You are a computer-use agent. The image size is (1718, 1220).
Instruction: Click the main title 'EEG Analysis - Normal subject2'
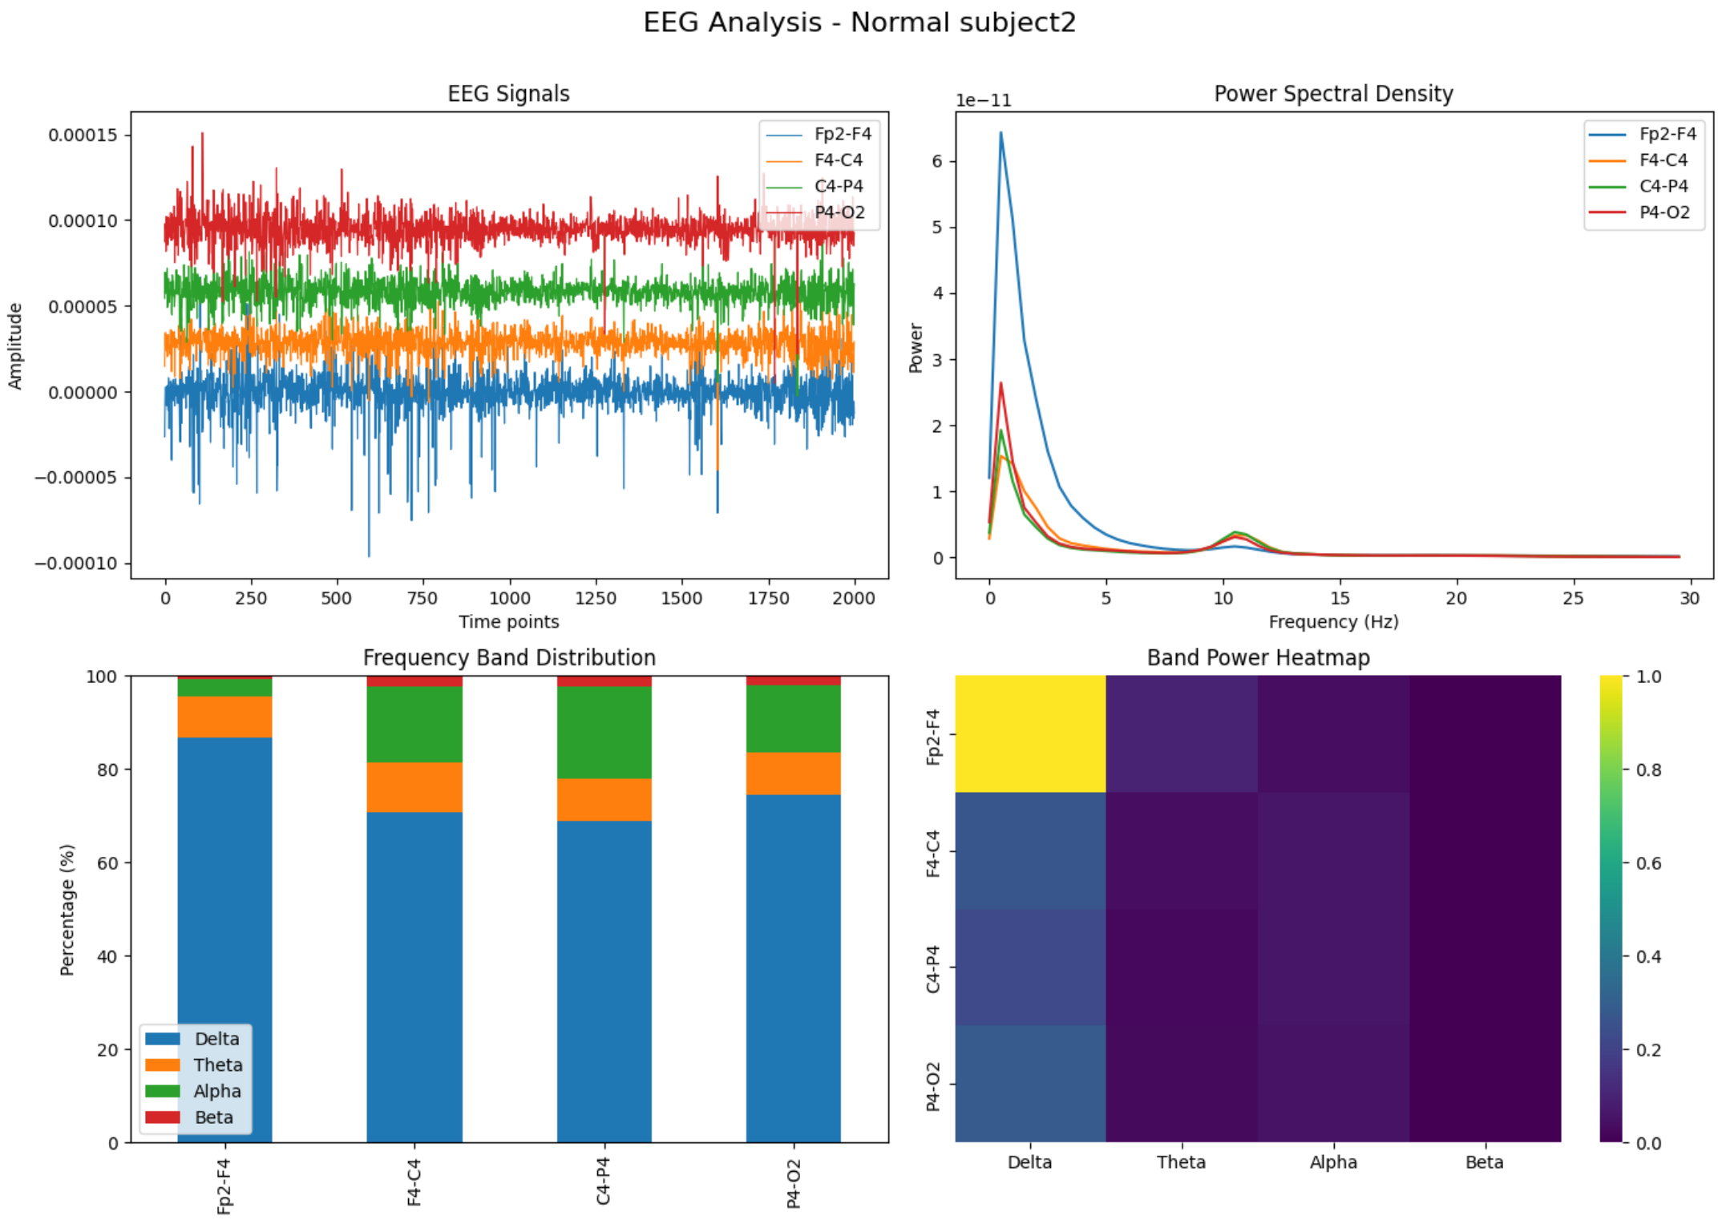pyautogui.click(x=859, y=22)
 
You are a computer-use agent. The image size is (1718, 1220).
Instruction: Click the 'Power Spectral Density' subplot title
pyautogui.click(x=1332, y=94)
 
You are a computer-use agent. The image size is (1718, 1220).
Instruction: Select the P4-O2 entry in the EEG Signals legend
pyautogui.click(x=839, y=212)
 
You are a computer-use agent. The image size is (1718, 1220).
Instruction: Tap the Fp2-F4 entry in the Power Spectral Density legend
pyautogui.click(x=1667, y=134)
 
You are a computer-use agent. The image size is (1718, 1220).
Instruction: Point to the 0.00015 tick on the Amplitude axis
pyautogui.click(x=83, y=135)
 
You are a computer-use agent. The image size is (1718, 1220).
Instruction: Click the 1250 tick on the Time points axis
pyautogui.click(x=596, y=598)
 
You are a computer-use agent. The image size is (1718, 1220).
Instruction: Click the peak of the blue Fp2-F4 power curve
pyautogui.click(x=1000, y=133)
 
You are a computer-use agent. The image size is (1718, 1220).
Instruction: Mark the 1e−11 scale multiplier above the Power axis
pyautogui.click(x=983, y=100)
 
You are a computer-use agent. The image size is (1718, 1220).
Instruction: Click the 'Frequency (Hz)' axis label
pyautogui.click(x=1332, y=622)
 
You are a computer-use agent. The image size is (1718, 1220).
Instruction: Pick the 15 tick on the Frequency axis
pyautogui.click(x=1340, y=598)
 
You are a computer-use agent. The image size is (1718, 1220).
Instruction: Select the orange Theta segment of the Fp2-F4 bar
pyautogui.click(x=224, y=717)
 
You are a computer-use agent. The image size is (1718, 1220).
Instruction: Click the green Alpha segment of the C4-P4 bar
pyautogui.click(x=604, y=732)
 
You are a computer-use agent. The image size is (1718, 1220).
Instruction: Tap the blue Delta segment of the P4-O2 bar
pyautogui.click(x=793, y=968)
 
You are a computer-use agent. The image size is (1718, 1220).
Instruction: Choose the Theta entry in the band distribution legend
pyautogui.click(x=217, y=1064)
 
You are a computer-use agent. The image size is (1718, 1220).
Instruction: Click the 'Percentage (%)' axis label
pyautogui.click(x=67, y=909)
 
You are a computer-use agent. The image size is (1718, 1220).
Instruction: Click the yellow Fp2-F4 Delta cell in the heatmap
pyautogui.click(x=1030, y=733)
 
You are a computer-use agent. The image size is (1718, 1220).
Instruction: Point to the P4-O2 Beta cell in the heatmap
pyautogui.click(x=1485, y=1083)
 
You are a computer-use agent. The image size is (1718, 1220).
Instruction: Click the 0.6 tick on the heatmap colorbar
pyautogui.click(x=1647, y=862)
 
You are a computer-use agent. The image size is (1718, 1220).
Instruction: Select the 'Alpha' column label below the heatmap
pyautogui.click(x=1332, y=1161)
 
